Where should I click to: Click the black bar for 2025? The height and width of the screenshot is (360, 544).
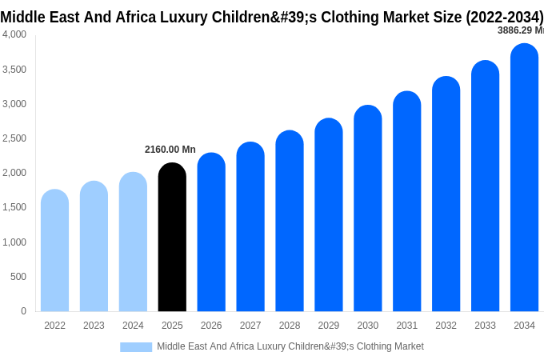point(172,238)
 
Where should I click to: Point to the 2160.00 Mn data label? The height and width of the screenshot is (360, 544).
point(170,150)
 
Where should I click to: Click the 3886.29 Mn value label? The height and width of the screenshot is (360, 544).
point(520,30)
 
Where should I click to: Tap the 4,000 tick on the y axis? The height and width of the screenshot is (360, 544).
point(14,34)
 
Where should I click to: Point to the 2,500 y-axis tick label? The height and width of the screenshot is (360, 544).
point(14,138)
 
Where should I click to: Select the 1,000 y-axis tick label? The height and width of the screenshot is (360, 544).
point(14,242)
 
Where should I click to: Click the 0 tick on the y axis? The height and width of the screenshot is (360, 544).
point(23,311)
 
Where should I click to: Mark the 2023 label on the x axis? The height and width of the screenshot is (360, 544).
point(94,326)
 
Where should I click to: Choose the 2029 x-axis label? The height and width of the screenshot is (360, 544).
point(329,326)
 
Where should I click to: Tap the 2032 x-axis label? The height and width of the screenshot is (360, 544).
point(446,326)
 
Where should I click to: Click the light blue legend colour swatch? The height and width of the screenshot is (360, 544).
point(136,347)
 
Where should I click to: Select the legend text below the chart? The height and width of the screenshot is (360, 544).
point(290,346)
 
